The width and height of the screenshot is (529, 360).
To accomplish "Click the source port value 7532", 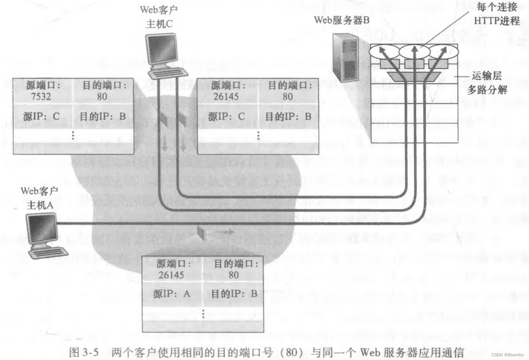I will [x=41, y=97].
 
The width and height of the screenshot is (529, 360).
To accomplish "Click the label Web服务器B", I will [x=342, y=20].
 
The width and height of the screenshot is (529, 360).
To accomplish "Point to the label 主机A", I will [x=40, y=205].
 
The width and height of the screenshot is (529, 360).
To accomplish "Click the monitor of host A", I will [x=42, y=229].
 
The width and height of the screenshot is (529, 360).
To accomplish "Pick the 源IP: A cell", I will [x=172, y=294].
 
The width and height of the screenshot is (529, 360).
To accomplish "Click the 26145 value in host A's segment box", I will [x=171, y=275].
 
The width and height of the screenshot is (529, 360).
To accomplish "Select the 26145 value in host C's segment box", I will [x=226, y=97].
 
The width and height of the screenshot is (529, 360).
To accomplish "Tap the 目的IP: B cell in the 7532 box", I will [x=102, y=117].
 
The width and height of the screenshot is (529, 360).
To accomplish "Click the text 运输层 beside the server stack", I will [x=487, y=76].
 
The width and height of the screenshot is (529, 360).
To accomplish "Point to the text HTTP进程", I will [x=496, y=21].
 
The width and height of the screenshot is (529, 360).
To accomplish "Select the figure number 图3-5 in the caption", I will [x=84, y=353].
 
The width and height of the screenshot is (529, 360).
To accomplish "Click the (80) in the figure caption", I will [x=294, y=353].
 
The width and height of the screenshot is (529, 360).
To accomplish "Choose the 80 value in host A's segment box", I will [x=234, y=275].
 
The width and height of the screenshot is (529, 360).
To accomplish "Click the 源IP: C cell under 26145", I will [x=226, y=117].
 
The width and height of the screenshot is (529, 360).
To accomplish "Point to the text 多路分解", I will [x=487, y=90].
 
